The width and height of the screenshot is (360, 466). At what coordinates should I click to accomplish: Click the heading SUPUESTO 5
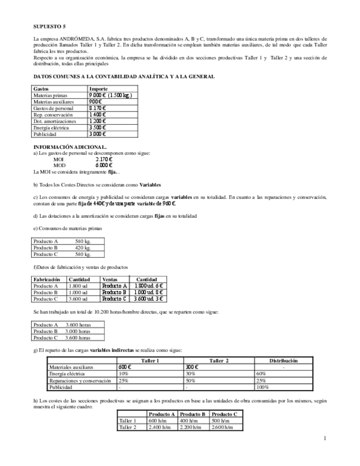click(x=49, y=26)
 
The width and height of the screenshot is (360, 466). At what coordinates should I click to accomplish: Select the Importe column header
click(x=98, y=88)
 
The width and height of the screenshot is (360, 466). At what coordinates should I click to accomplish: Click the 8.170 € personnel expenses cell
click(x=97, y=108)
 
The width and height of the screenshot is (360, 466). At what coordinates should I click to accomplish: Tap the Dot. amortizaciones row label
click(x=54, y=121)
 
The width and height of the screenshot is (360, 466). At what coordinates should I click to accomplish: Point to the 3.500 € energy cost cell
click(x=97, y=127)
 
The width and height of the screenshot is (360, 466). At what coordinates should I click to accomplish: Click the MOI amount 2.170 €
click(x=104, y=159)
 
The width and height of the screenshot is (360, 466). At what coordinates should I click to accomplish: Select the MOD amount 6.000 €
click(x=104, y=165)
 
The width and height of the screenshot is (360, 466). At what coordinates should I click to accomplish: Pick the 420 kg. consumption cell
click(x=83, y=247)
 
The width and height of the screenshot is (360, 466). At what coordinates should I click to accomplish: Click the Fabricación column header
click(x=47, y=279)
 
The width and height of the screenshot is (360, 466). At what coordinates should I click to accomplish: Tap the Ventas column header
click(x=110, y=279)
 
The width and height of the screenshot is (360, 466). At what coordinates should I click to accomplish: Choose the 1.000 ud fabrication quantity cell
click(x=78, y=292)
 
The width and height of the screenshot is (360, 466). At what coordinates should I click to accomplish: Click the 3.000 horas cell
click(x=78, y=331)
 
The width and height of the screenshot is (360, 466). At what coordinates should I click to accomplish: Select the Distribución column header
click(x=283, y=360)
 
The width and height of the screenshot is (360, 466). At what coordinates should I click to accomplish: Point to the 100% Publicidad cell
click(x=263, y=387)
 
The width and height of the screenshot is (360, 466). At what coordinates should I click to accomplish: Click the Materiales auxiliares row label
click(x=71, y=367)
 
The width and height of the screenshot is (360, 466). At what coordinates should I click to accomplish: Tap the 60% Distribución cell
click(x=261, y=374)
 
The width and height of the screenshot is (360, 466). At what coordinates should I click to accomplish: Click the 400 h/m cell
click(x=187, y=420)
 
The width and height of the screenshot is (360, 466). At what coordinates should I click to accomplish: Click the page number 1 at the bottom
click(x=325, y=438)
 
